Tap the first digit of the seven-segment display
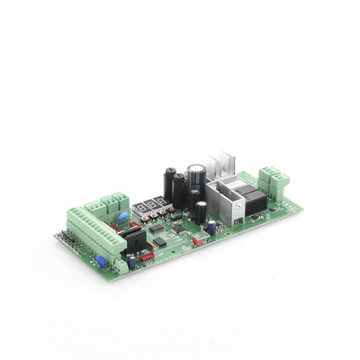138,209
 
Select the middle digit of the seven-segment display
148,205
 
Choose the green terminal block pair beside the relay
274,180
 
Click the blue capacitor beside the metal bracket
211,228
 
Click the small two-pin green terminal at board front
120,265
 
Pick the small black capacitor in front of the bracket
202,211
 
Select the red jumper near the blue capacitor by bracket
197,241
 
